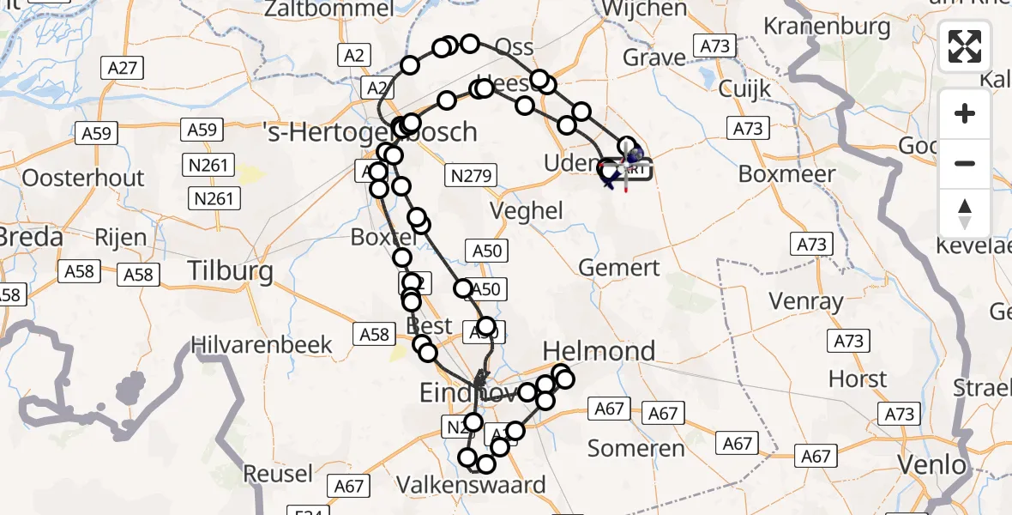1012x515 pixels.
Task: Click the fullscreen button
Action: (x=965, y=46)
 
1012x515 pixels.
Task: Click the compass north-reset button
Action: (x=965, y=214)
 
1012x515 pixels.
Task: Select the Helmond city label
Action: (x=599, y=350)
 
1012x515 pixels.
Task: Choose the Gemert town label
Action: (x=619, y=268)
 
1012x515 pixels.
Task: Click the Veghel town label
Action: (x=527, y=210)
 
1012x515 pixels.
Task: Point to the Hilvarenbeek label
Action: (x=261, y=345)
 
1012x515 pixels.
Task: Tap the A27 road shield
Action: (x=124, y=68)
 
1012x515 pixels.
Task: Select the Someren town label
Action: (x=636, y=448)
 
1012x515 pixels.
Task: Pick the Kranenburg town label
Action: (x=827, y=26)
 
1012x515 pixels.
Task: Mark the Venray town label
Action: (x=806, y=302)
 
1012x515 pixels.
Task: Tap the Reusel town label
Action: (x=278, y=474)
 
